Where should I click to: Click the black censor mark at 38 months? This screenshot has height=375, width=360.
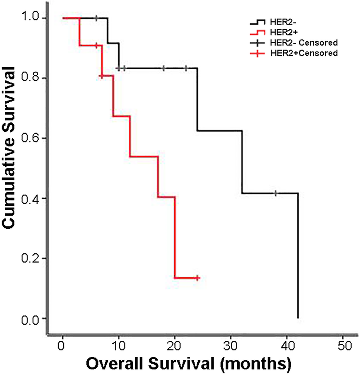[275, 193]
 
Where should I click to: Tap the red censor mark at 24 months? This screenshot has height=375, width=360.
[197, 278]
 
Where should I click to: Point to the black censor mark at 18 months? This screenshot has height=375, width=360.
[163, 68]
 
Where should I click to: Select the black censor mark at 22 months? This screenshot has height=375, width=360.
[186, 68]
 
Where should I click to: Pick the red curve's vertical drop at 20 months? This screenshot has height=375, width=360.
[175, 238]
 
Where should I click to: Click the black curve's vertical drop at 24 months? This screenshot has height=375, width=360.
[197, 101]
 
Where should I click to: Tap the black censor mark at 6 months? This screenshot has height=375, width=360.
[96, 18]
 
